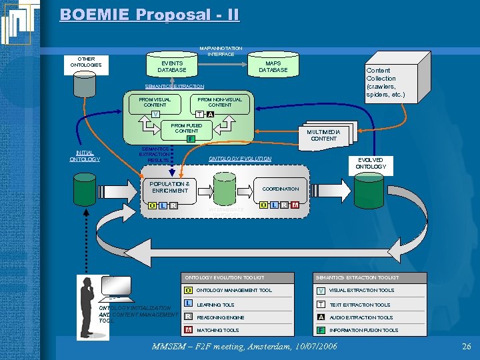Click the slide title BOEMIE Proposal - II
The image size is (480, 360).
click(149, 15)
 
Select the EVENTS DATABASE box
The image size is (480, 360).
click(171, 67)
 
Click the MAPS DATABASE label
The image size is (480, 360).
click(273, 67)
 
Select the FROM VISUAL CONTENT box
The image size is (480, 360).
click(155, 103)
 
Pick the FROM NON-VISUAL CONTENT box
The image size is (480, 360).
click(219, 103)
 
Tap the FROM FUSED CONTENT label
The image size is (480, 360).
click(186, 128)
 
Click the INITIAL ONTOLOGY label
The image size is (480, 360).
click(84, 156)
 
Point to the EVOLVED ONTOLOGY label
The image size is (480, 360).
click(370, 163)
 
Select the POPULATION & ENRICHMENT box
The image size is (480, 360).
click(169, 187)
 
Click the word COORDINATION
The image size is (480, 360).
click(280, 189)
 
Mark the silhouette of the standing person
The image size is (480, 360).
click(86, 307)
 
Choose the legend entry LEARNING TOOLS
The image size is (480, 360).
click(215, 305)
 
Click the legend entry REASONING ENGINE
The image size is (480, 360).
click(220, 317)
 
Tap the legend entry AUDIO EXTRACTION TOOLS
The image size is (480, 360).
click(361, 317)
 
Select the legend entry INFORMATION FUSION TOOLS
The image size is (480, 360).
click(363, 330)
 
